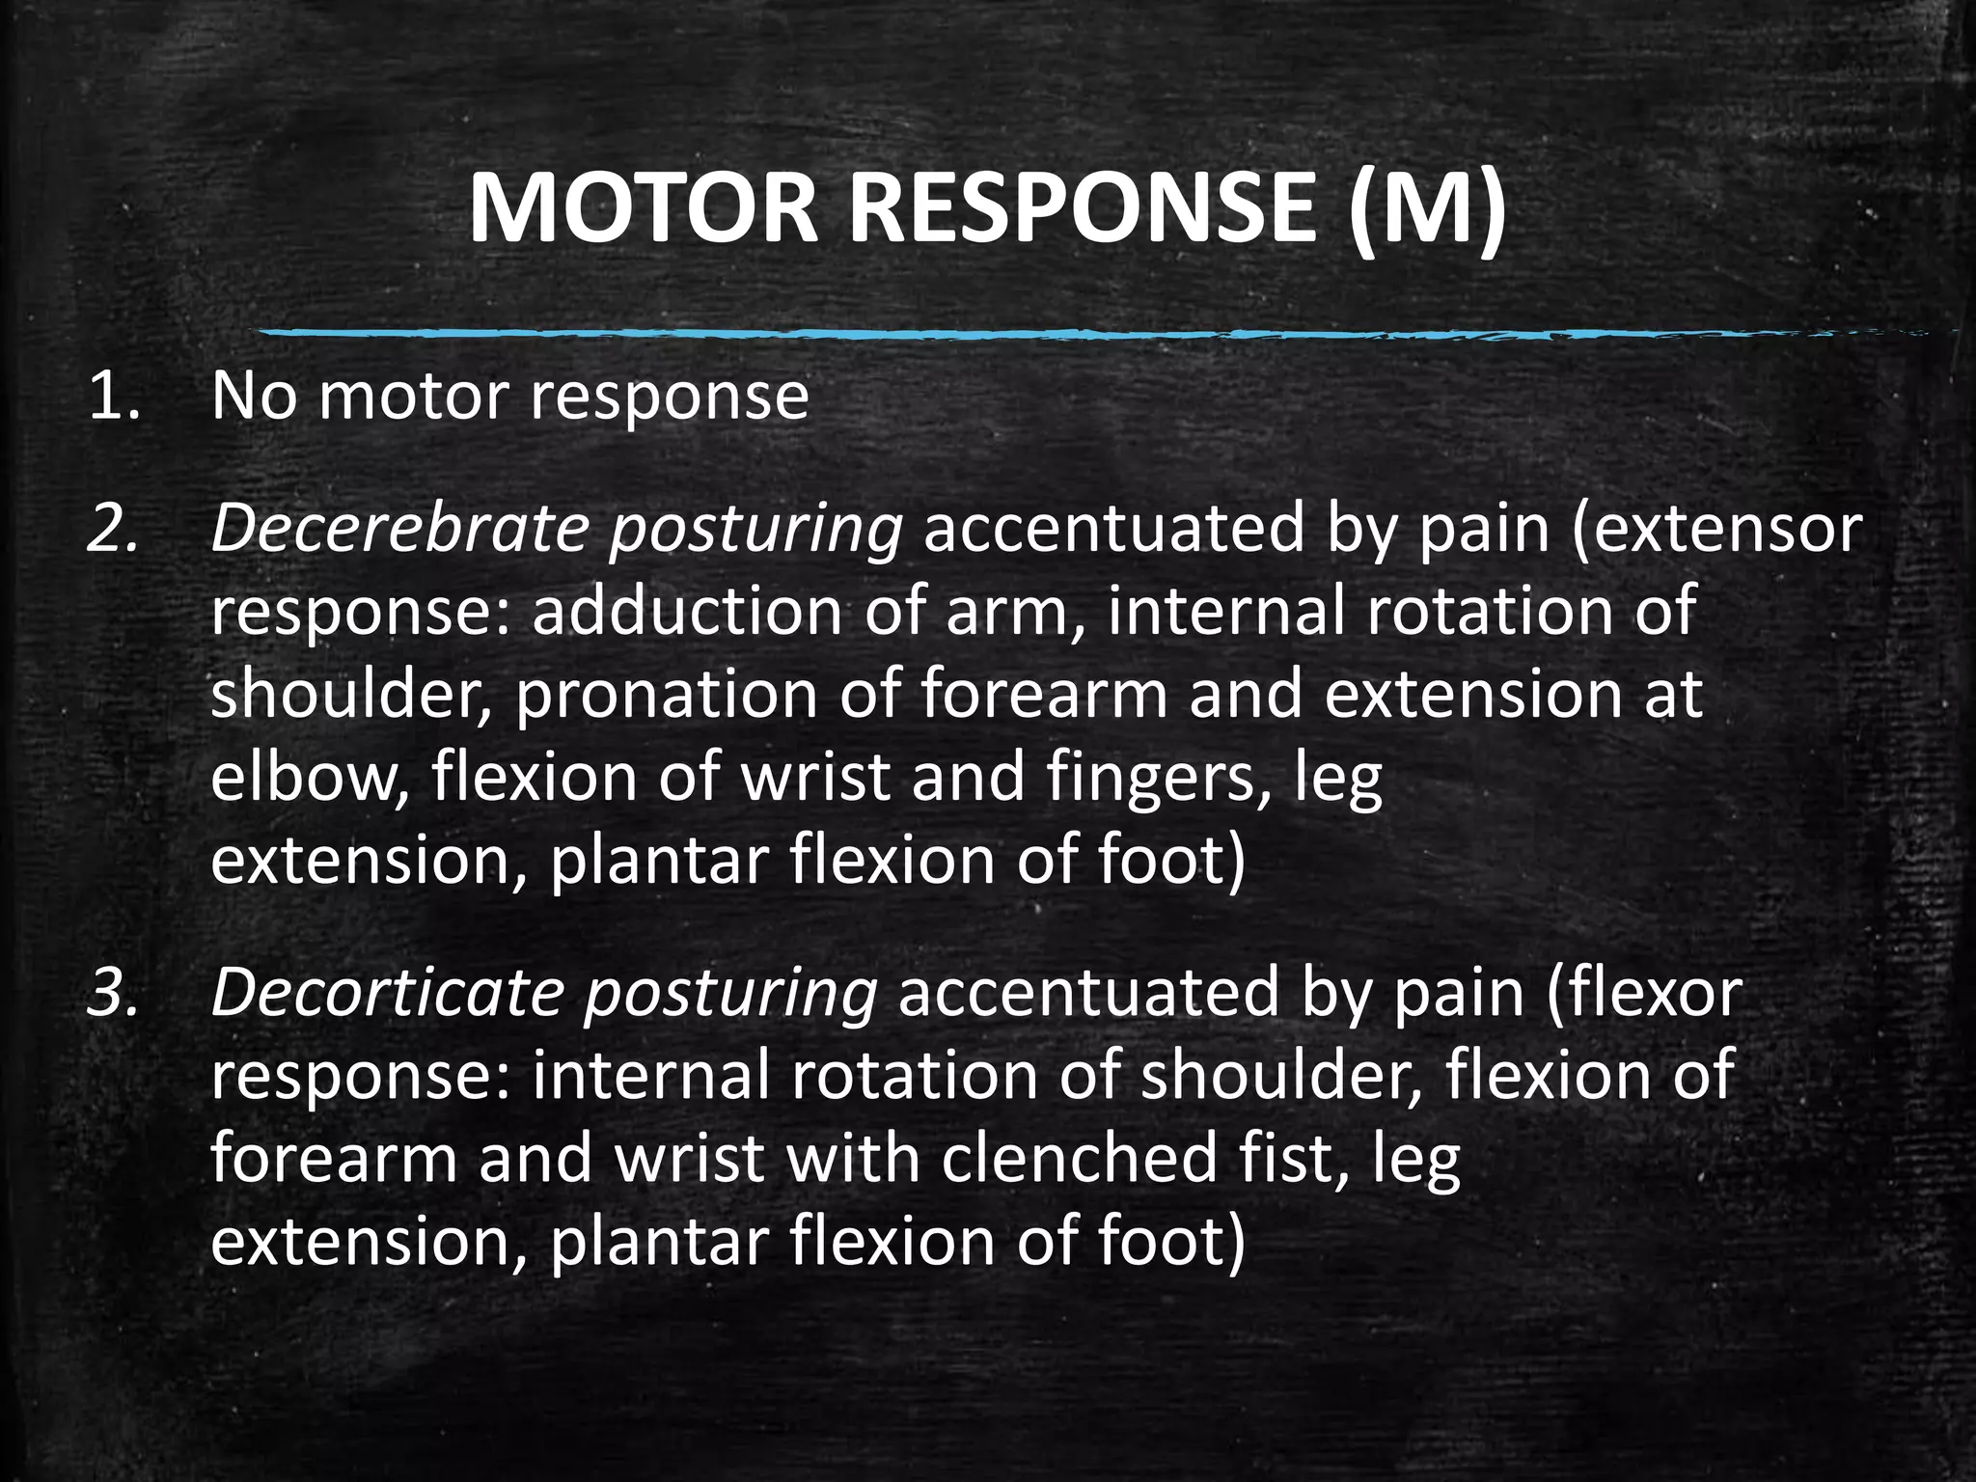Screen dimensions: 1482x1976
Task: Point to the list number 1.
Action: click(113, 396)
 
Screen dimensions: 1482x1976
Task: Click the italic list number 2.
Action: click(113, 529)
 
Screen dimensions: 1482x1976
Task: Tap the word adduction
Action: click(687, 612)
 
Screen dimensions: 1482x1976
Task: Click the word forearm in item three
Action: click(334, 1158)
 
